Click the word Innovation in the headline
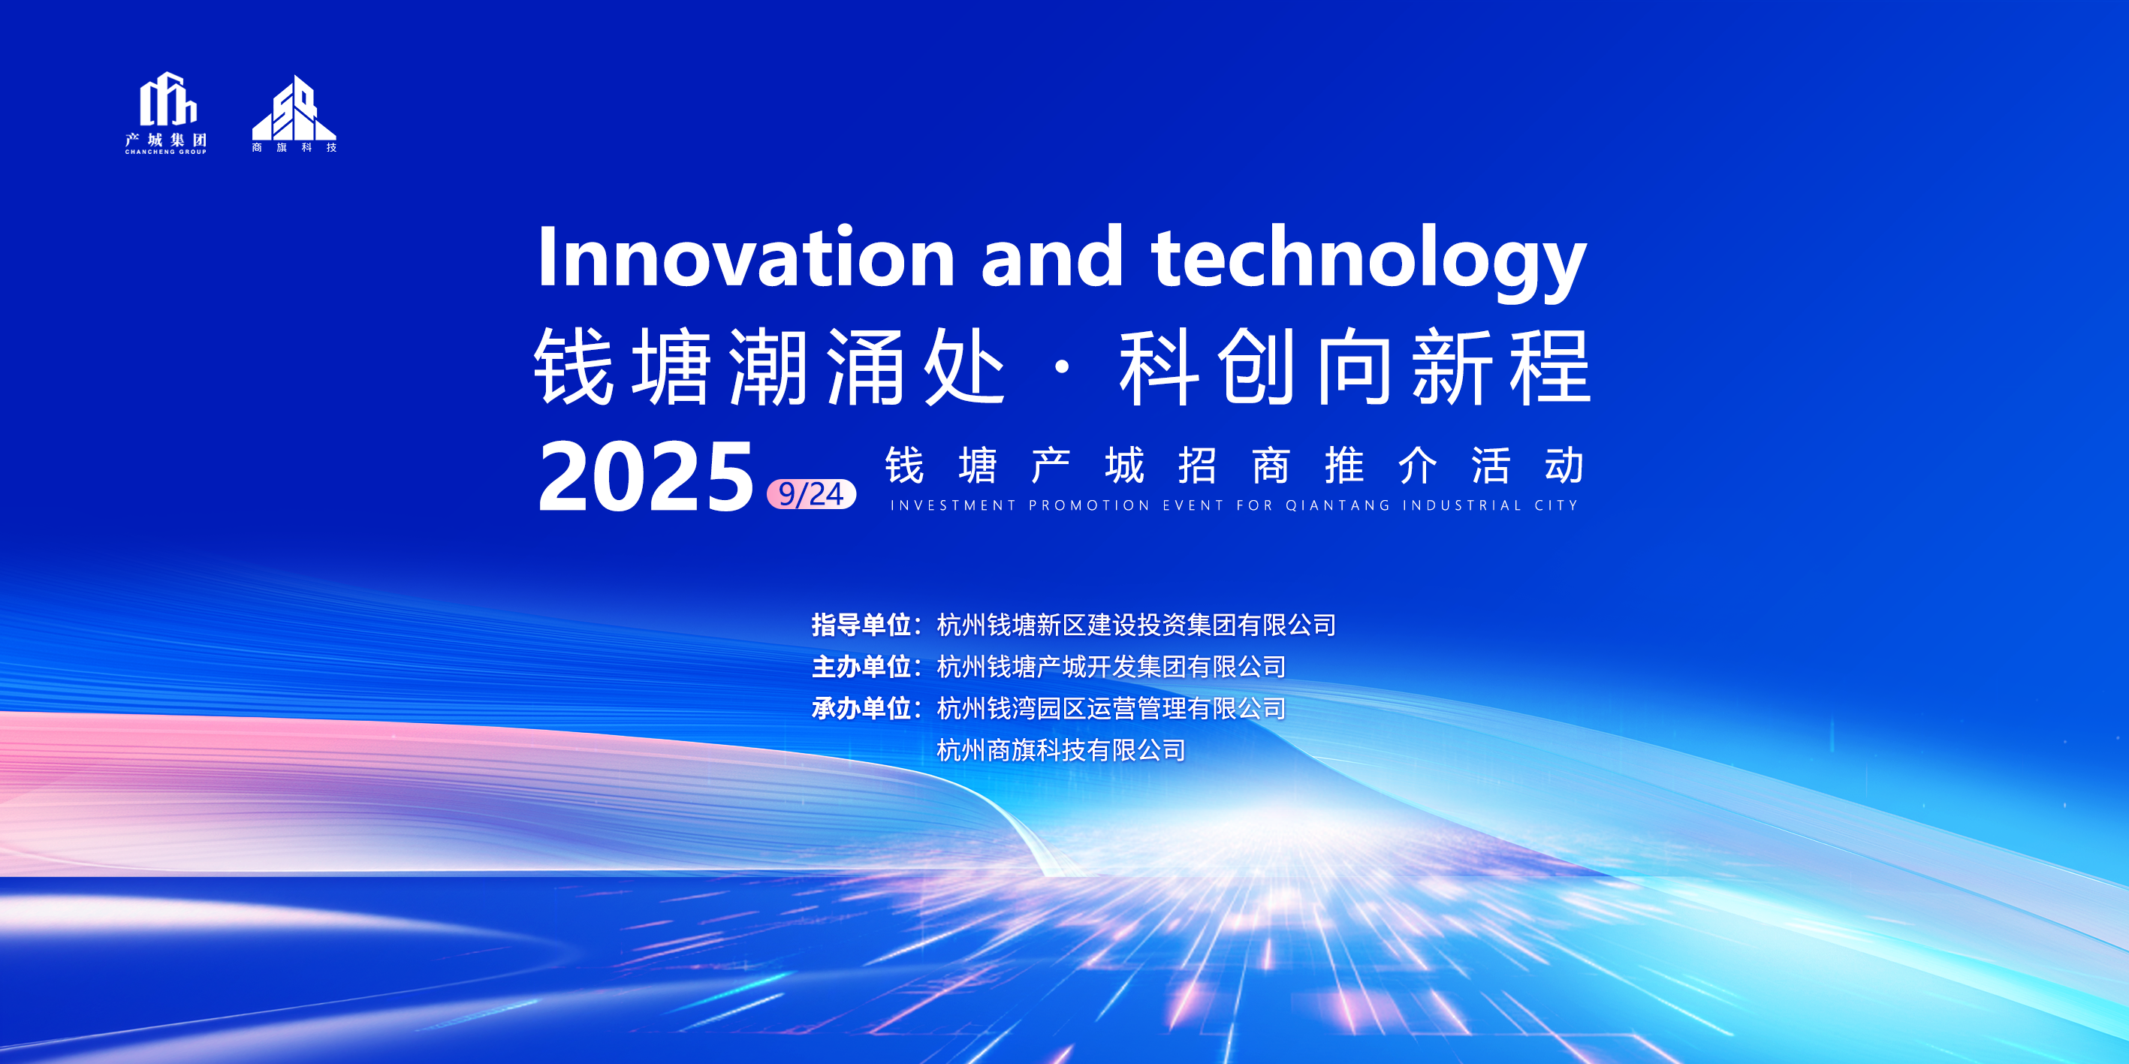(746, 256)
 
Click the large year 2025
(646, 477)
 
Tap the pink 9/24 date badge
(812, 494)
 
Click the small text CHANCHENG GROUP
(165, 152)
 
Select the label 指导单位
(861, 625)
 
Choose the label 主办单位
(861, 666)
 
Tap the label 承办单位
(861, 708)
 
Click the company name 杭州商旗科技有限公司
(1061, 750)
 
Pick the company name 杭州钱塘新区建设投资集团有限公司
(1136, 625)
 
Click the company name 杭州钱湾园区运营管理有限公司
(1111, 708)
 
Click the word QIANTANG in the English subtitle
(1337, 505)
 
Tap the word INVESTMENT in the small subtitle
(953, 505)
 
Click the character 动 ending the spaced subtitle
(1564, 465)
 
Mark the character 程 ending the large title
(1551, 366)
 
